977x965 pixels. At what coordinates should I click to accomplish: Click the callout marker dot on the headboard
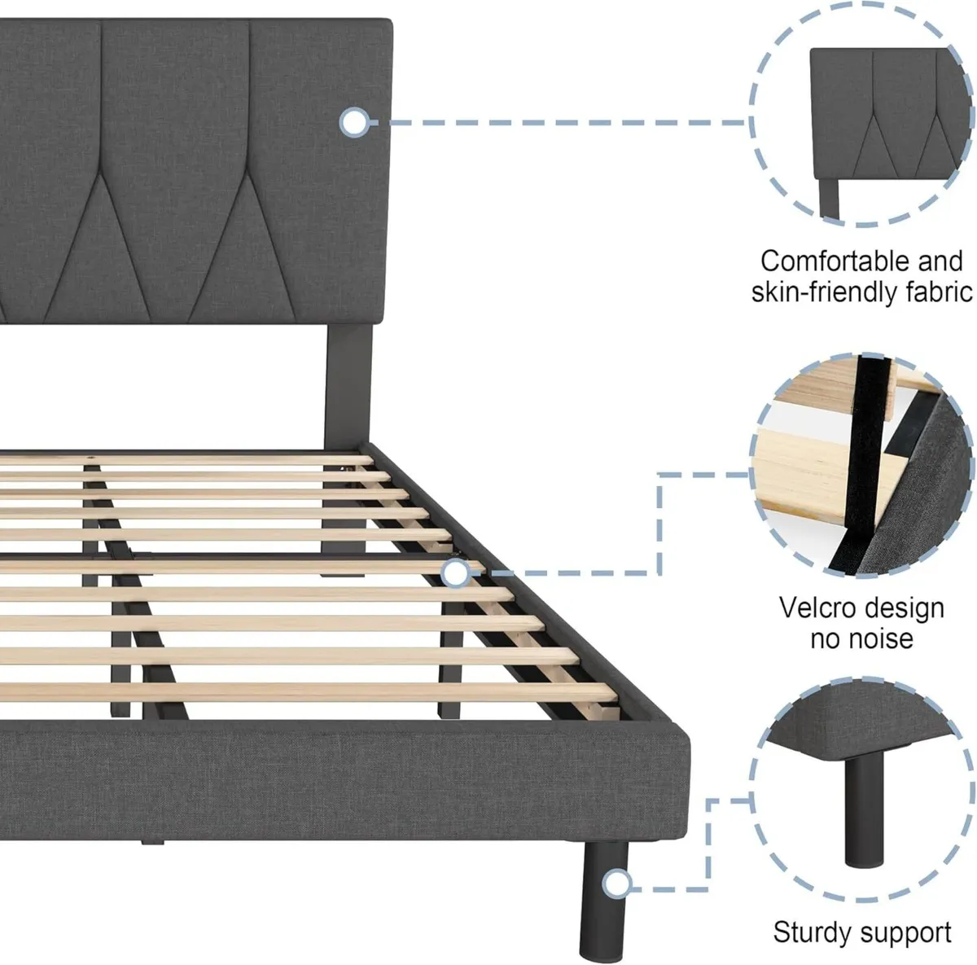354,123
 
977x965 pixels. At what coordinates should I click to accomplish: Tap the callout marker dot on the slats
456,574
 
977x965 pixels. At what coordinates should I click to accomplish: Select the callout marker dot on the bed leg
619,884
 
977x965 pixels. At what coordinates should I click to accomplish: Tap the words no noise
861,638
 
